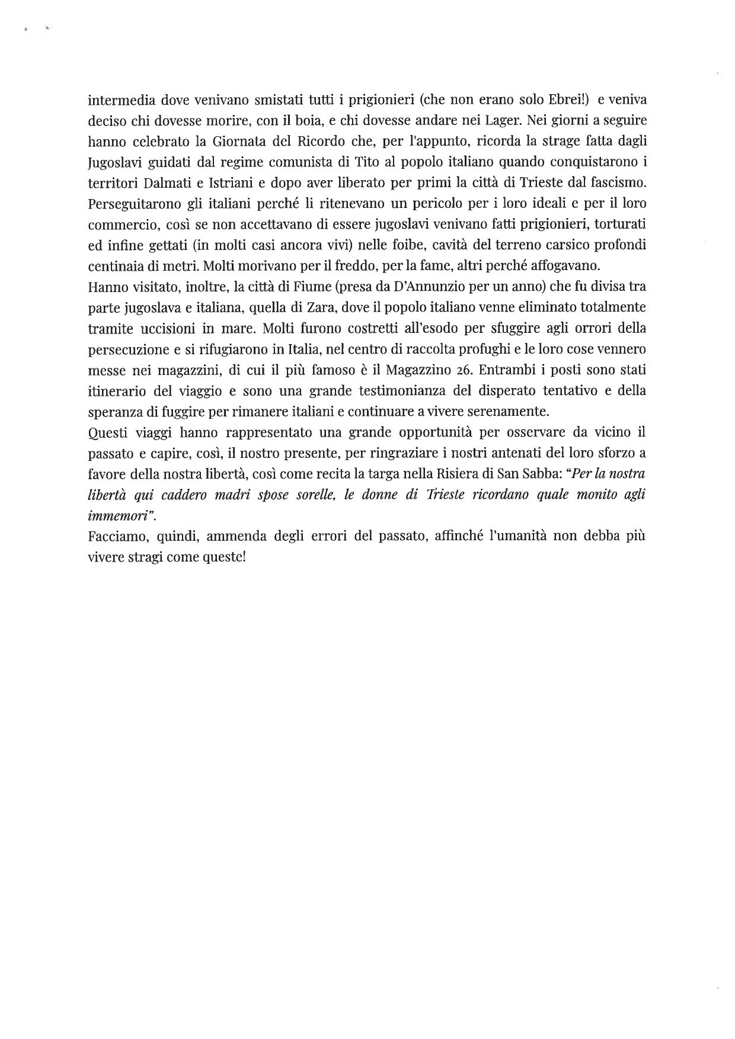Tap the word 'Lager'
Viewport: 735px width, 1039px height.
pyautogui.click(x=545, y=118)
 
